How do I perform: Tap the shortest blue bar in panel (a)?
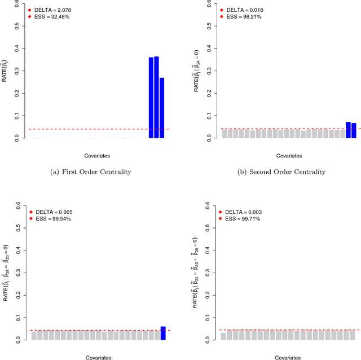click(x=162, y=108)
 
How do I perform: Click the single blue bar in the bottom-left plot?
click(x=163, y=333)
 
